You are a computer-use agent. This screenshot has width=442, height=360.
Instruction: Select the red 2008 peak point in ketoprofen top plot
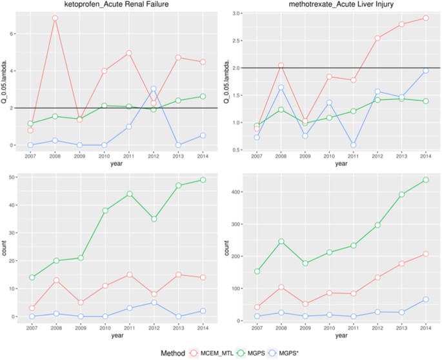(x=55, y=18)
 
